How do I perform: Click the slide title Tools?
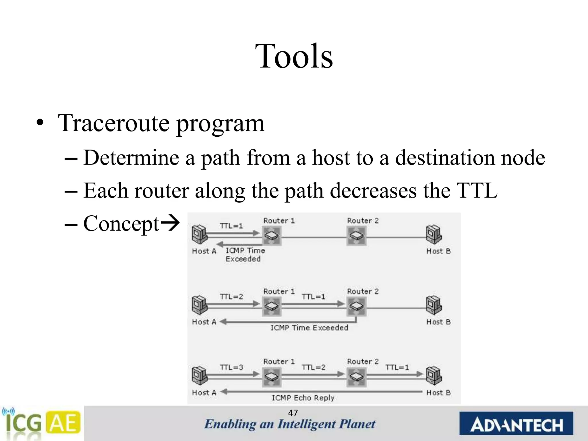294,56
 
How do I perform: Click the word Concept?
121,224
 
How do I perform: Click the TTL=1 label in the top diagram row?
231,226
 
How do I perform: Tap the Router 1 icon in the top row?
272,236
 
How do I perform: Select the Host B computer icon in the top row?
434,234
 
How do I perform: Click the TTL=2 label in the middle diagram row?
231,297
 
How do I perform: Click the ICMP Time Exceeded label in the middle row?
309,328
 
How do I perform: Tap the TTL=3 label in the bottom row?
231,367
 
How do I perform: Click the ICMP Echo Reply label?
303,398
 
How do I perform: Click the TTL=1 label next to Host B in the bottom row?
397,367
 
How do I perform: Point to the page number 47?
293,413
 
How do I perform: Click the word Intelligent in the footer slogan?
306,424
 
